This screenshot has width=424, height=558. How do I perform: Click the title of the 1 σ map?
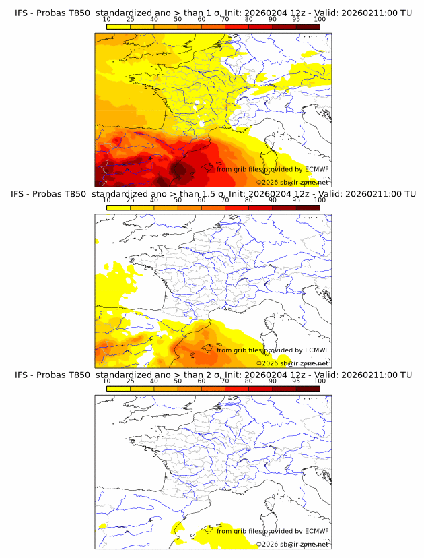tap(212, 13)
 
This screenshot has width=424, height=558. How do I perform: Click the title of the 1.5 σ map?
tap(212, 194)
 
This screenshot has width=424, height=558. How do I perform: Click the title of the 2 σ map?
tap(212, 375)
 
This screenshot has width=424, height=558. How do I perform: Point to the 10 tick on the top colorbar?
tap(106, 19)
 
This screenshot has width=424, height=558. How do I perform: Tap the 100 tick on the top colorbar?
tap(320, 19)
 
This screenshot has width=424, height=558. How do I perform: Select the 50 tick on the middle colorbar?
tap(178, 200)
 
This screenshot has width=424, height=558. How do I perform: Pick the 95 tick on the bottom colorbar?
tap(296, 381)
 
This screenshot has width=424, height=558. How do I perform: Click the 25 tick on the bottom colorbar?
tap(130, 381)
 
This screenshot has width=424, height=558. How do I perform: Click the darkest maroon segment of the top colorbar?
tap(308, 26)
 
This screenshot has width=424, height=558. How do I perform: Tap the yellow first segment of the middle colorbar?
tap(118, 208)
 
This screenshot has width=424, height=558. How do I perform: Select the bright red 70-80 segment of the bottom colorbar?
tap(237, 388)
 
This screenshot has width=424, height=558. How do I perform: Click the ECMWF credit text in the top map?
tap(273, 169)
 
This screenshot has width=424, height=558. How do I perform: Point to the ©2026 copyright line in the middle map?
tap(292, 363)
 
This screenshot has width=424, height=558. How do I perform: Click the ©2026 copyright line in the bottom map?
tap(292, 543)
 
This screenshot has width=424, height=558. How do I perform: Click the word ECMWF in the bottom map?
tap(316, 531)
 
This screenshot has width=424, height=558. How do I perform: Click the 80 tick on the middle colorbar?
tap(248, 200)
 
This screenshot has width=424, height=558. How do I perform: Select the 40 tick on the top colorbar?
tap(154, 19)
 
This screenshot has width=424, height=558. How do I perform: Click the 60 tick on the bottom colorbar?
tap(201, 381)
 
